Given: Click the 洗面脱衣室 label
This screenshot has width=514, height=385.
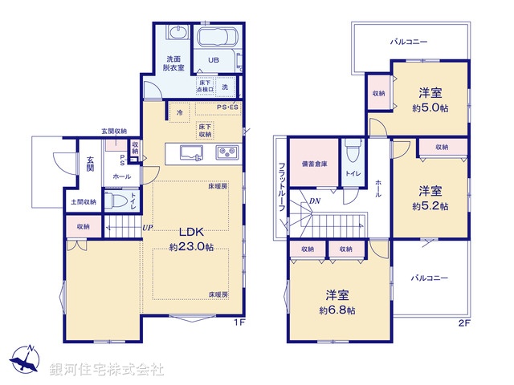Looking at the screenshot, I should coord(173,64).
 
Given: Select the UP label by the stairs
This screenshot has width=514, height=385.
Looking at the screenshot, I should coord(147,228).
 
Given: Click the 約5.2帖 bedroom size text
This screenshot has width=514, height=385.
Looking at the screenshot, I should coord(432,206).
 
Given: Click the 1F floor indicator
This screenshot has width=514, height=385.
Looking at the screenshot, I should coord(238,323).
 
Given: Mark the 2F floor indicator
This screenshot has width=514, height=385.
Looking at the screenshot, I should coord(463,323).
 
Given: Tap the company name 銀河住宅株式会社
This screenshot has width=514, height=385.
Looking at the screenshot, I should coord(106,370).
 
